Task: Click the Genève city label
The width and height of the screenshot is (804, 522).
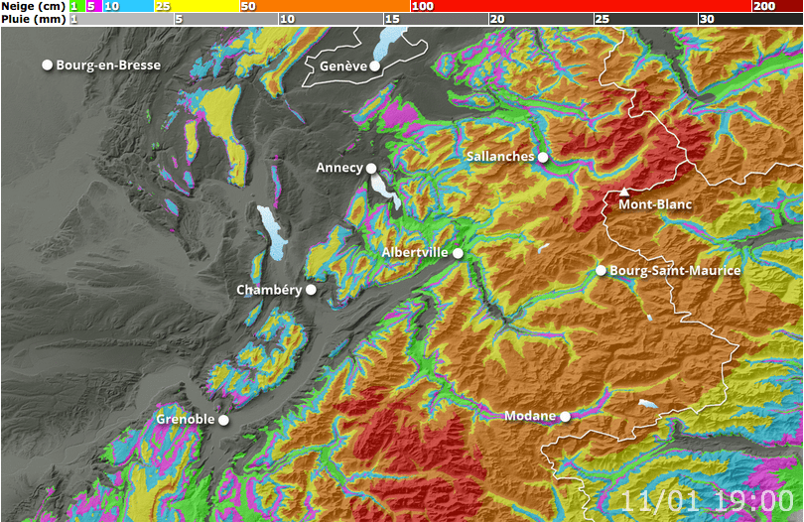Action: coord(343,66)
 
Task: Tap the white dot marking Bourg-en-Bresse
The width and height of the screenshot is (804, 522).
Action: coord(47,65)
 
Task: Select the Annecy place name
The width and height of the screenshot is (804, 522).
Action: coord(339,168)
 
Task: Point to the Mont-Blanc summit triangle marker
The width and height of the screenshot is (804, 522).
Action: coord(623,191)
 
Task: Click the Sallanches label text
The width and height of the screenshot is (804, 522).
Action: coord(500,157)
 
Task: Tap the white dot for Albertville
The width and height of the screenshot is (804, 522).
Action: coord(459,254)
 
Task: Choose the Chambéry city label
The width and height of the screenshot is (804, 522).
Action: coord(268,290)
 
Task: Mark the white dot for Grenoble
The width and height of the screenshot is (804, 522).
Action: coord(224,421)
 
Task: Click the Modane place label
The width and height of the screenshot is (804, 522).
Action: coord(530,416)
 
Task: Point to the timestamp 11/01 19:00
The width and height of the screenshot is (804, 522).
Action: coord(708,500)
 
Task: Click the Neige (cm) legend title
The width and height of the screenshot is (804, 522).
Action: coord(33,6)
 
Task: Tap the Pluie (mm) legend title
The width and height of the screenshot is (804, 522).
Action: coord(33,19)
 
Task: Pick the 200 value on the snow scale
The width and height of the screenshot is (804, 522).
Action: coord(763,6)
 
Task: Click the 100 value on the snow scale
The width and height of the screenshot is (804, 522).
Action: coord(422,6)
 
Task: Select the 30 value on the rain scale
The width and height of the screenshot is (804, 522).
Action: coord(706,19)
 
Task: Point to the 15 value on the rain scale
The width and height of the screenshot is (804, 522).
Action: coord(391,19)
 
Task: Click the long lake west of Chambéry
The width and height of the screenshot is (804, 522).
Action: coord(269,232)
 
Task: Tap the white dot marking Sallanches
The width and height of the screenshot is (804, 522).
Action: coord(543,157)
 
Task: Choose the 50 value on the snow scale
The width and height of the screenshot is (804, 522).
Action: coord(248,6)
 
